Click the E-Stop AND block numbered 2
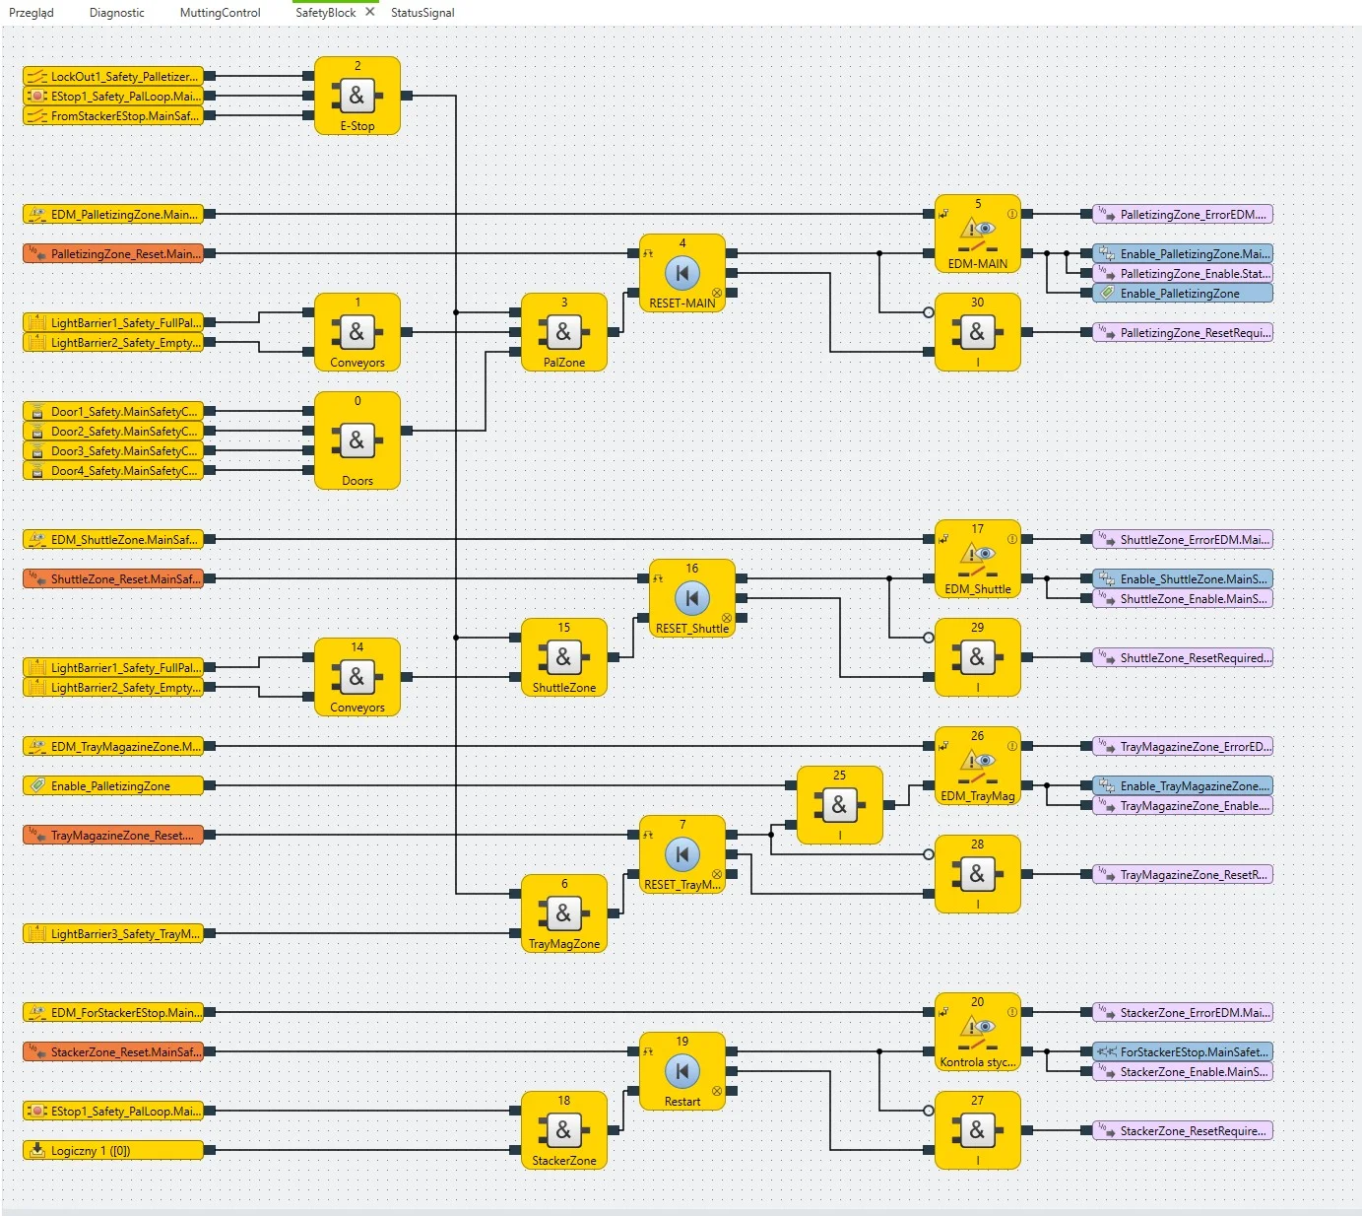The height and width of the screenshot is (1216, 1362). [357, 96]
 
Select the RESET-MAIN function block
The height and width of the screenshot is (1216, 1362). [681, 273]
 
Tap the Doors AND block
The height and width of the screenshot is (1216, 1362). [357, 440]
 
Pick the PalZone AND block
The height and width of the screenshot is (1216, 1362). [563, 332]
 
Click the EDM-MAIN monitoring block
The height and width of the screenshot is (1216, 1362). [977, 234]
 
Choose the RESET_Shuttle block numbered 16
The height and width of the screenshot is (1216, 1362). [691, 598]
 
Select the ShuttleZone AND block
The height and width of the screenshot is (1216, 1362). [563, 657]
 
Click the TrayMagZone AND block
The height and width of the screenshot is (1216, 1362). [563, 913]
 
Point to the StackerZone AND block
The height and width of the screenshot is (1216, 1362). [563, 1130]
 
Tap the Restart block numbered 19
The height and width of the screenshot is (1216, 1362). [681, 1071]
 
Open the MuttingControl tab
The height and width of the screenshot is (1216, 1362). [220, 13]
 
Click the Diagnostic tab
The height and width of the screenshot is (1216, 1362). [116, 13]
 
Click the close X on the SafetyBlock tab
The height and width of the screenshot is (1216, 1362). [370, 12]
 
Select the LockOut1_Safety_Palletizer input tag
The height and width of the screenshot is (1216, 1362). [113, 76]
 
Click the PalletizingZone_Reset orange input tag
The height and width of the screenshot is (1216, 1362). [113, 253]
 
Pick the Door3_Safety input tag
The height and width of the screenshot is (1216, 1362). [113, 450]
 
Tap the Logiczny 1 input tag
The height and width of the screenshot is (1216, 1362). [113, 1150]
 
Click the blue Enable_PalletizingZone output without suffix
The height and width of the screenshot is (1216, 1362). [1182, 293]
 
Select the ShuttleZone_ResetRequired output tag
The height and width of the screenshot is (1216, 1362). [1182, 657]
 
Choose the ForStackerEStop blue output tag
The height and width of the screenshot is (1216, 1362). [1182, 1051]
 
